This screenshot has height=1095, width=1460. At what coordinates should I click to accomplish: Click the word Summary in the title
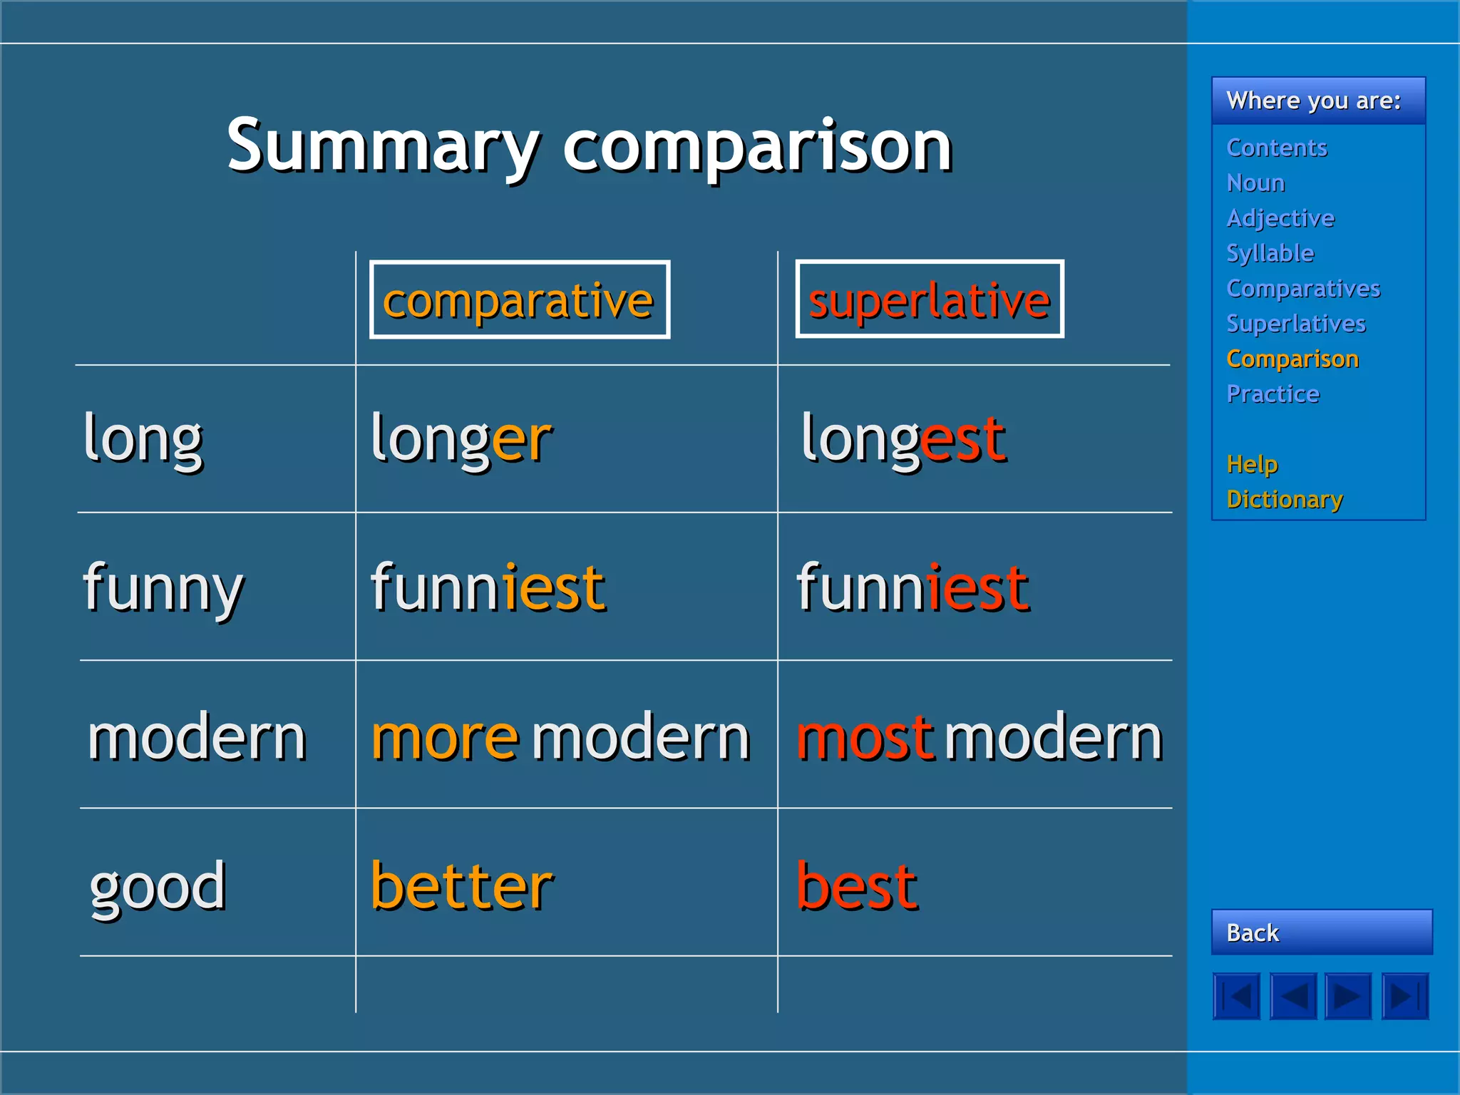[x=384, y=146]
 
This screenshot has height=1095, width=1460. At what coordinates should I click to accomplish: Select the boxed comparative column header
[x=519, y=299]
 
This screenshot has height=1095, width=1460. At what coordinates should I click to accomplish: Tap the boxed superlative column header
[x=929, y=299]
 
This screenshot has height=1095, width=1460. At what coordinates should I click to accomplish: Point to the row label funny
[x=163, y=589]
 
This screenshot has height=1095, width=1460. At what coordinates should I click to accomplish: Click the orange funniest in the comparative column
[x=488, y=589]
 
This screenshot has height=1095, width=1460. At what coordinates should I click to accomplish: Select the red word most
[x=864, y=738]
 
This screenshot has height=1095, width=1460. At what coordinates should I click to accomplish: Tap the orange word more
[x=445, y=738]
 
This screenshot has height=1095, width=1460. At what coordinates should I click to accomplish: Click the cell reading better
[x=462, y=886]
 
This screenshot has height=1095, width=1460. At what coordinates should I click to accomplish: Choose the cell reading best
[x=857, y=886]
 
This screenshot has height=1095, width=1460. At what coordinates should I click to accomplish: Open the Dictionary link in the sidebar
[x=1285, y=499]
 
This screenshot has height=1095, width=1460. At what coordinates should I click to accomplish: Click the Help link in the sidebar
[x=1252, y=464]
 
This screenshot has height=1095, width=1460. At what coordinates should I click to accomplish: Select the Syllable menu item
[x=1270, y=253]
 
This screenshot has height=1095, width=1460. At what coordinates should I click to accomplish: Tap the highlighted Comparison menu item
[x=1292, y=359]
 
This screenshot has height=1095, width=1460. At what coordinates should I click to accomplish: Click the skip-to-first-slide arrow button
[x=1237, y=996]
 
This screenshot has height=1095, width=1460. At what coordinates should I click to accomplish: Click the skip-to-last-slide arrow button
[x=1405, y=996]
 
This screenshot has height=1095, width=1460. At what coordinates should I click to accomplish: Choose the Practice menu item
[x=1273, y=394]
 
